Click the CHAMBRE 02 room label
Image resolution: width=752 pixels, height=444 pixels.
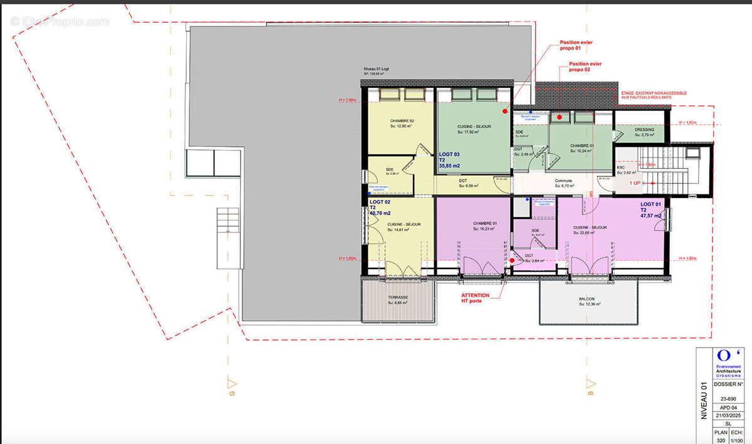click(402, 120)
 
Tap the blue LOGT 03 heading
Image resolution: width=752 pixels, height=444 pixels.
click(449, 154)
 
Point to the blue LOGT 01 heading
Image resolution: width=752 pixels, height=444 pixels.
click(650, 204)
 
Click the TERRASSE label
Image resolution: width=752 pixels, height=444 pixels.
click(397, 297)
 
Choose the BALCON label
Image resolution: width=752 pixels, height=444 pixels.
click(587, 299)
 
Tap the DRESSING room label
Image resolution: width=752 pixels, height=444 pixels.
click(644, 130)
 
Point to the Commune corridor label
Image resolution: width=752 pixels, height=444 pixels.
click(563, 181)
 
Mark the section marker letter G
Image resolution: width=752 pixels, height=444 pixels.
click(232, 393)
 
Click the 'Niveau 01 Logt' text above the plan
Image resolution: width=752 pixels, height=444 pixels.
click(380, 68)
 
